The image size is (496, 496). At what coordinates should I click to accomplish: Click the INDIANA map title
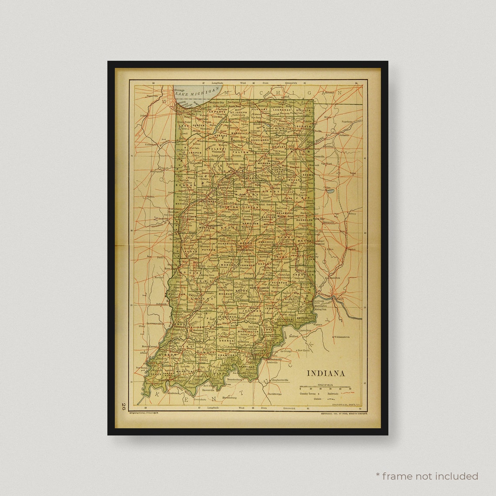(x=326, y=373)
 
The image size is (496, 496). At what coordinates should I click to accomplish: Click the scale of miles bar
(x=325, y=387)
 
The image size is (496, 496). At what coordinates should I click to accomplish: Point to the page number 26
(x=124, y=407)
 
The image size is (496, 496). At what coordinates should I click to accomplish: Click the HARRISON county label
(x=247, y=366)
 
